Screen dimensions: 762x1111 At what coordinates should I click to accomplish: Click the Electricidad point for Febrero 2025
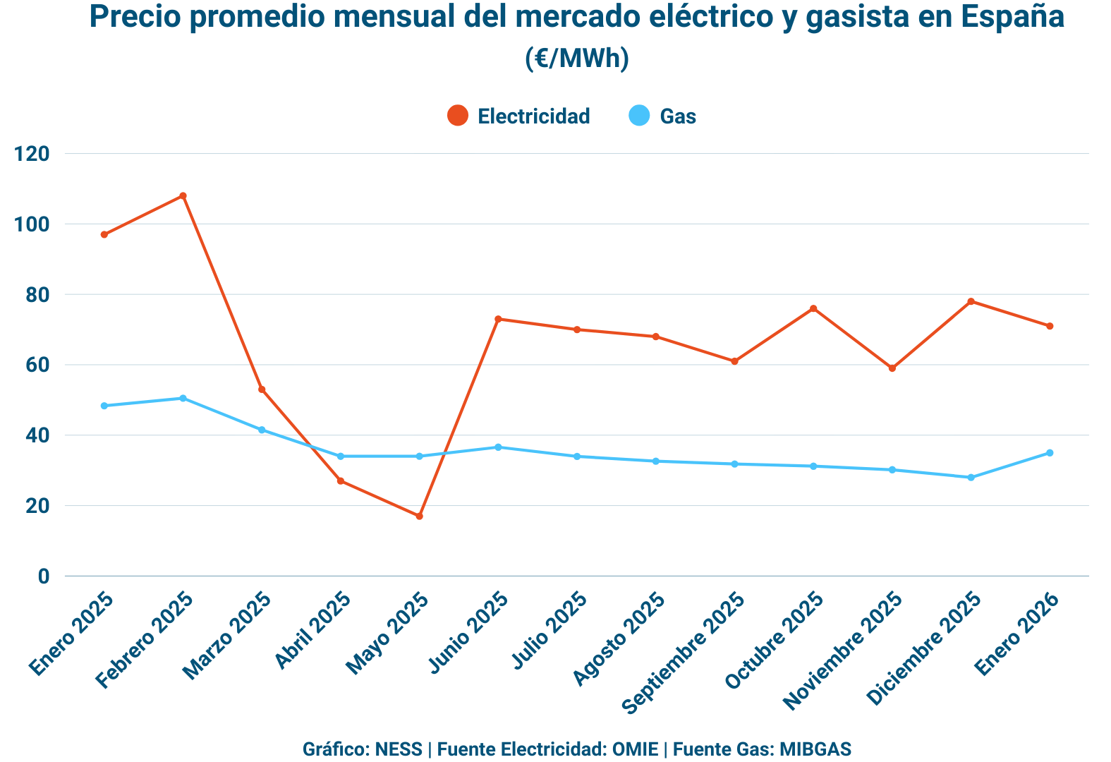(183, 195)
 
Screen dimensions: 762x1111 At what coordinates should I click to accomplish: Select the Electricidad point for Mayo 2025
(419, 516)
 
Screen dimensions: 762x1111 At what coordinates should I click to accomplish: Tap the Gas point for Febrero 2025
(183, 398)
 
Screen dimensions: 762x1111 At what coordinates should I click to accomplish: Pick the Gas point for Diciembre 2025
(971, 478)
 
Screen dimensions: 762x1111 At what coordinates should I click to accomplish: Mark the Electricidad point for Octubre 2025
(813, 308)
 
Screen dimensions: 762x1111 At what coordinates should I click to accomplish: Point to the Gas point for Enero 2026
(1050, 453)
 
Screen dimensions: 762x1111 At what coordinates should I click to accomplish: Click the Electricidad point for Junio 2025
(498, 319)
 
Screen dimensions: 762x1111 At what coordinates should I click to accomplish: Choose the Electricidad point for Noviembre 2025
(892, 368)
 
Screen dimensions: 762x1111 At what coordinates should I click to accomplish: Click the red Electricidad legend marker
(458, 116)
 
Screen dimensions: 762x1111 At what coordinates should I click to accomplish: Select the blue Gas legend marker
(639, 116)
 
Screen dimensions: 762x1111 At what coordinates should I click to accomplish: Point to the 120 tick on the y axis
(32, 154)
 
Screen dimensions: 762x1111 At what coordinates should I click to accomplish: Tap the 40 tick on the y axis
(37, 435)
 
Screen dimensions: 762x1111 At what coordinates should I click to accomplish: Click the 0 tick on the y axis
(44, 576)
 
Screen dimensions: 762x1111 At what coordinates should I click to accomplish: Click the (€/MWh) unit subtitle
(576, 58)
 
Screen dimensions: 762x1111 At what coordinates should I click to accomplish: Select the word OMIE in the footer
(636, 749)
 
